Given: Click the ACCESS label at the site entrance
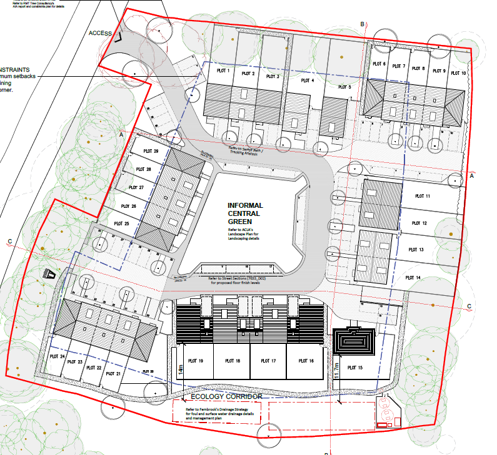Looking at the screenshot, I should (101, 33).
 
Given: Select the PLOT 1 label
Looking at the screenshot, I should (224, 72).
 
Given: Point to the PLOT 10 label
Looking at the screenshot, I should (459, 73).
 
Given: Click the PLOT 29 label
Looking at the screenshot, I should (151, 151).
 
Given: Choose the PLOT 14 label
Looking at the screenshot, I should (413, 277).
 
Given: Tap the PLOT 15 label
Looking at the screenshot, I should (355, 368).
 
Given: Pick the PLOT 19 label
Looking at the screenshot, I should (196, 361).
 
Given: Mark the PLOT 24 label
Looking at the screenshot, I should (58, 357).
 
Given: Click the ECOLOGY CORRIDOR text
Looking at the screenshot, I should (226, 397).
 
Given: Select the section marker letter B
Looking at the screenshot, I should (362, 23).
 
